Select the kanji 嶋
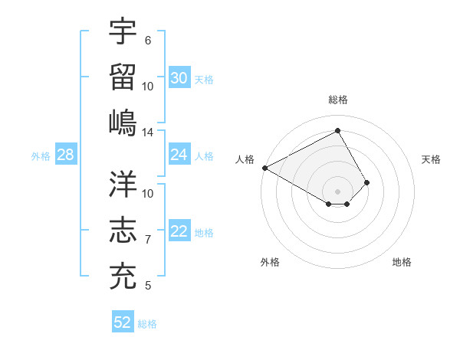[x=123, y=122]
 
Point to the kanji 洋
[x=123, y=184]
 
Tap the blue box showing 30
[x=179, y=77]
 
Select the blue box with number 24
[x=179, y=155]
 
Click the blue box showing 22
[x=179, y=232]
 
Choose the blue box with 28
[x=65, y=155]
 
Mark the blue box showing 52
[x=123, y=322]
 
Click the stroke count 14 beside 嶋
[x=148, y=133]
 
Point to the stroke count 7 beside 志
[x=148, y=240]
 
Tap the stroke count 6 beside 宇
[x=148, y=40]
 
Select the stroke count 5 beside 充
[x=148, y=286]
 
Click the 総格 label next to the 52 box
[x=147, y=324]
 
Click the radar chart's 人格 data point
[x=264, y=168]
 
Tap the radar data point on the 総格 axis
[x=337, y=131]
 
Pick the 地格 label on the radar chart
[x=402, y=262]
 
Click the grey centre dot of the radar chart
[x=337, y=191]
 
